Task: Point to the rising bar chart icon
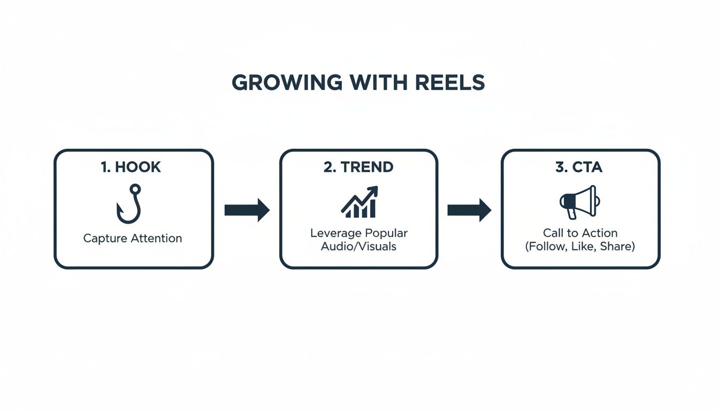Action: [359, 202]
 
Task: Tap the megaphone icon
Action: [579, 202]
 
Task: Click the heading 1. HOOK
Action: [131, 167]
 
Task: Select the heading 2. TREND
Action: [358, 167]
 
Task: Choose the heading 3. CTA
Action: [579, 167]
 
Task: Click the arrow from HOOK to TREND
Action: [247, 210]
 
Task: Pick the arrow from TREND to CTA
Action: [469, 210]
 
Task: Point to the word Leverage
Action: [335, 233]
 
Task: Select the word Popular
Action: [386, 233]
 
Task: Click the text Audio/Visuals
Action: [358, 247]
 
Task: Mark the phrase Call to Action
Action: [580, 233]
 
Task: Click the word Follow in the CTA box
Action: [547, 247]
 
